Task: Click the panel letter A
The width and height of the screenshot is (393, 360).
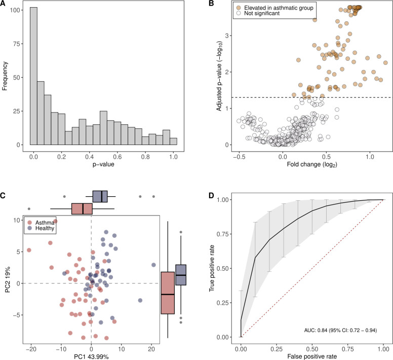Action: pyautogui.click(x=4, y=4)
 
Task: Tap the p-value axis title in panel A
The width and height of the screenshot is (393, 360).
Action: pyautogui.click(x=98, y=165)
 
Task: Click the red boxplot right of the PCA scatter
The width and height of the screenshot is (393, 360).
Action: pyautogui.click(x=168, y=293)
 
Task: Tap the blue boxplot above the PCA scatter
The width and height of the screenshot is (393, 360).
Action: pyautogui.click(x=100, y=196)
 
